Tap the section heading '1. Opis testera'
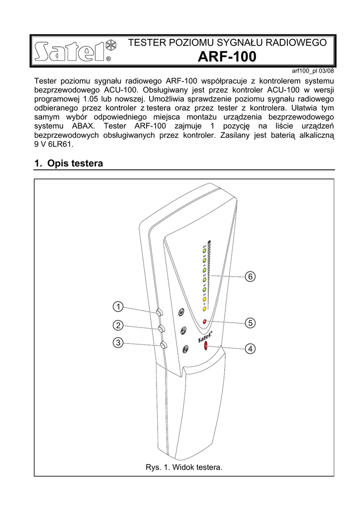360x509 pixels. [69, 163]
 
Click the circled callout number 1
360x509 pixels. [118, 306]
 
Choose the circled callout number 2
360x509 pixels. [118, 326]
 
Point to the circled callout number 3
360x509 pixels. [118, 342]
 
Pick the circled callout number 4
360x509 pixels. [250, 349]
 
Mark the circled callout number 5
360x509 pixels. [250, 323]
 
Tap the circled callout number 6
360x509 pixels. [250, 276]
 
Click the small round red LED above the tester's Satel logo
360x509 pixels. [204, 322]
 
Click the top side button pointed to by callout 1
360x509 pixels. [159, 313]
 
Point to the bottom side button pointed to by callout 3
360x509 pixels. [164, 346]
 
